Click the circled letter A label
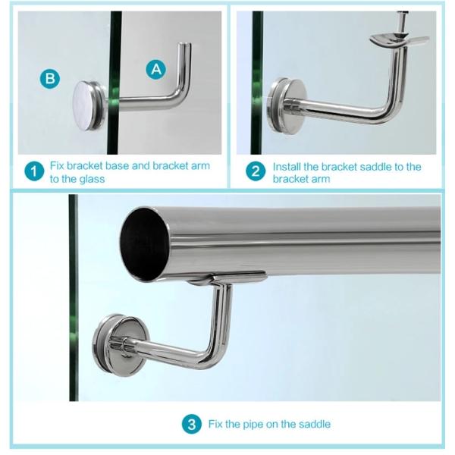(156, 70)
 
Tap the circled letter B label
(50, 79)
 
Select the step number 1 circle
(34, 171)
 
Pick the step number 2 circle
(256, 171)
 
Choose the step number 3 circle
(192, 425)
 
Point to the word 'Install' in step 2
(287, 167)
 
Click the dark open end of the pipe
(143, 245)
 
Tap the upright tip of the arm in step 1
(184, 45)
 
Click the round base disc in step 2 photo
(287, 106)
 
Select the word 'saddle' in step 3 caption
(315, 424)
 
